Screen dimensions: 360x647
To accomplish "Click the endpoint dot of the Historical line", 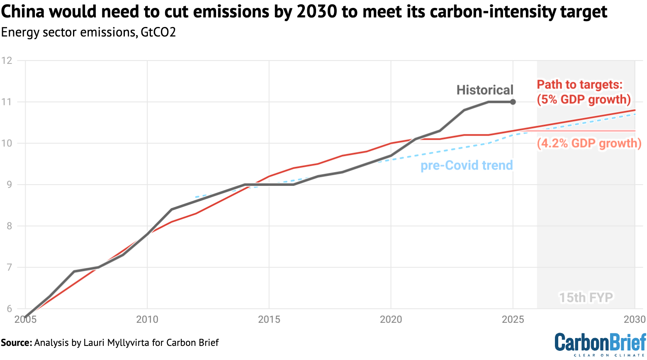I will tap(513, 102).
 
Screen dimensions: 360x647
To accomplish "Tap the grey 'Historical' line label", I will tap(484, 90).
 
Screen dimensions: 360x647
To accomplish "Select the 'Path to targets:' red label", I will tap(579, 85).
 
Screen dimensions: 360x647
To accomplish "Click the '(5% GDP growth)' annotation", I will tap(584, 100).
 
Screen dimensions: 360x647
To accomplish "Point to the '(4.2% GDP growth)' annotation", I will tap(589, 144).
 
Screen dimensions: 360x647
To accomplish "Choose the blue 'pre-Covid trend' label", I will tap(467, 165).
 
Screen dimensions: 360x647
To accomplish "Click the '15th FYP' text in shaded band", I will tap(586, 297).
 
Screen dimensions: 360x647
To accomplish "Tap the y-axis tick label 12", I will tap(7, 61).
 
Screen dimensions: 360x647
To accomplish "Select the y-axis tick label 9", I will tap(9, 185).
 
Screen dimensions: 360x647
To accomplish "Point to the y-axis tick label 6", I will tap(9, 309).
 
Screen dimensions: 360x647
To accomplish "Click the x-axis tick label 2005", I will tap(25, 319).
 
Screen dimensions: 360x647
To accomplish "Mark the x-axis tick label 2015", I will tap(269, 319).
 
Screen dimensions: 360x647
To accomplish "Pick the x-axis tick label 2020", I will tap(391, 319).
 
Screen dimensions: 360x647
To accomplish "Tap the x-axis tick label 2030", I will tap(634, 319).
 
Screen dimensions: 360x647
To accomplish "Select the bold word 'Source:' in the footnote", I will tap(16, 343).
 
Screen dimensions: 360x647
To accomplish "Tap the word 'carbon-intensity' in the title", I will tap(488, 12).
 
